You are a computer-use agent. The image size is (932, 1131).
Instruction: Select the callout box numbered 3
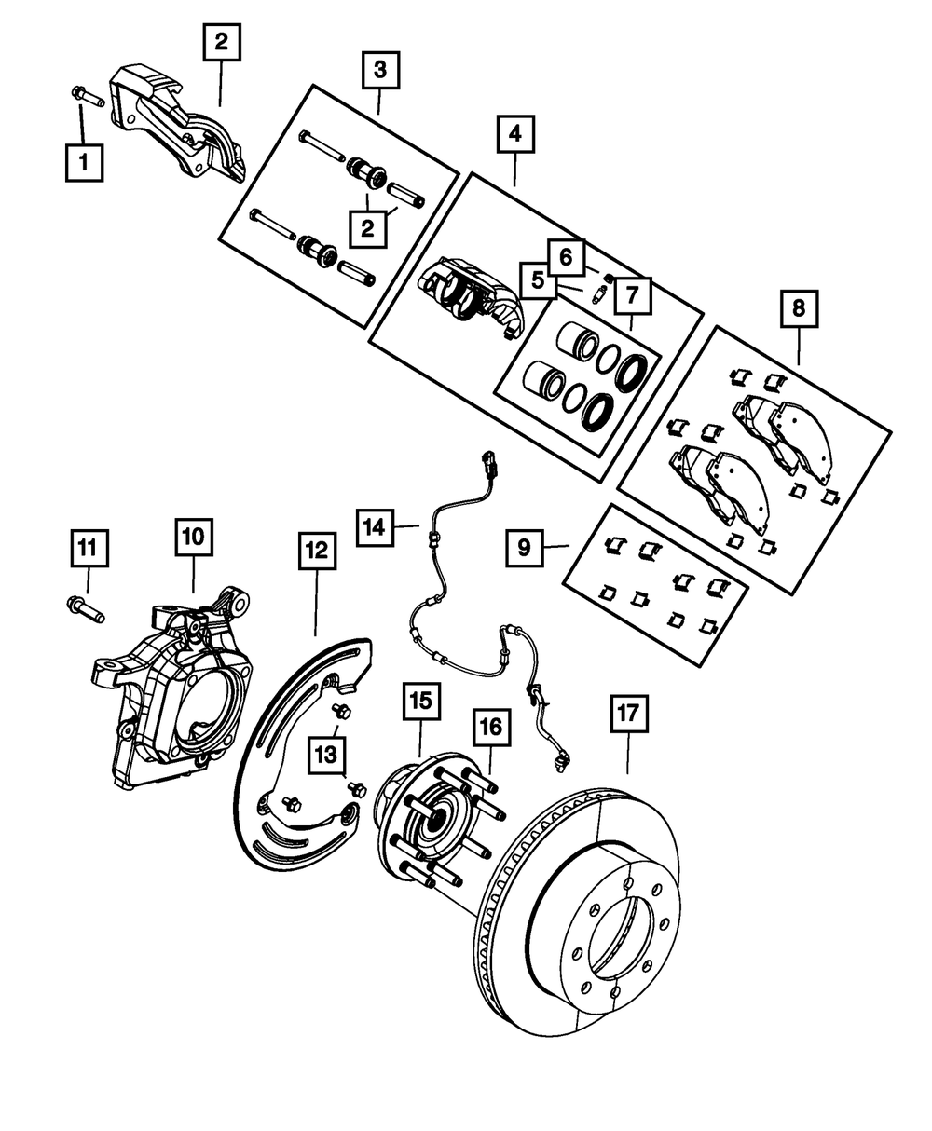tap(379, 70)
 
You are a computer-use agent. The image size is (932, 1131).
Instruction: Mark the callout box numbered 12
tap(315, 551)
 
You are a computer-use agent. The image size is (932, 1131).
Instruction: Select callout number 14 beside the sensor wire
tap(375, 527)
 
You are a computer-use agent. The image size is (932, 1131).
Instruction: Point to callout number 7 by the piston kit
tap(632, 297)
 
